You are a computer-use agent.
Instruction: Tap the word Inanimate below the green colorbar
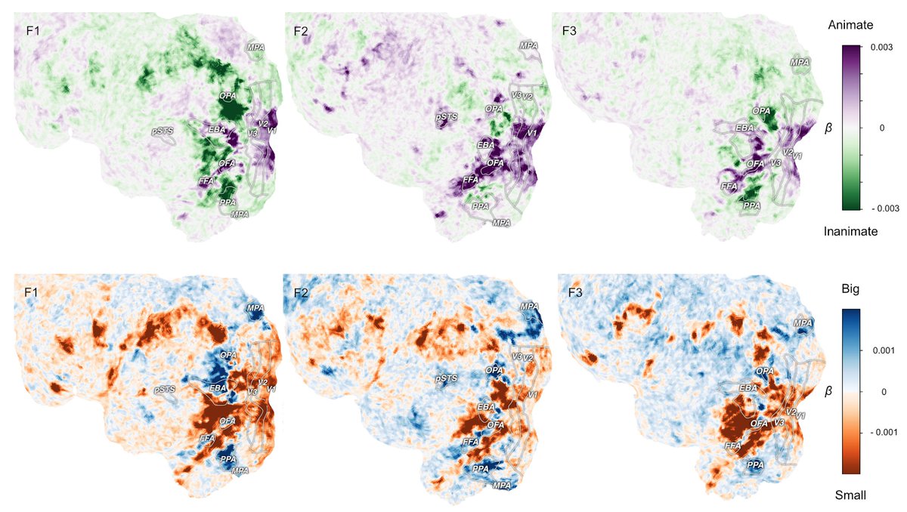pyautogui.click(x=850, y=232)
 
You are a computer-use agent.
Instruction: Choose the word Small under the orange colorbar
pyautogui.click(x=850, y=495)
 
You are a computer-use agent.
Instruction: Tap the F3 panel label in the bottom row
pyautogui.click(x=573, y=289)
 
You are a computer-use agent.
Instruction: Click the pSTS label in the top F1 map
pyautogui.click(x=163, y=131)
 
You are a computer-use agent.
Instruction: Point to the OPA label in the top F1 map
pyautogui.click(x=228, y=97)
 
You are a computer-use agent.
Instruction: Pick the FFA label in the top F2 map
pyautogui.click(x=471, y=181)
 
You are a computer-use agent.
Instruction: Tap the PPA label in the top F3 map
pyautogui.click(x=751, y=205)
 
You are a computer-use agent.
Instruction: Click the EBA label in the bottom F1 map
pyautogui.click(x=218, y=387)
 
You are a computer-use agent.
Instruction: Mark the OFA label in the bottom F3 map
pyautogui.click(x=757, y=424)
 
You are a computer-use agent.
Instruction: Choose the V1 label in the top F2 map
pyautogui.click(x=531, y=134)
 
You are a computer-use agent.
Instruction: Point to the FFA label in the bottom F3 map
pyautogui.click(x=732, y=446)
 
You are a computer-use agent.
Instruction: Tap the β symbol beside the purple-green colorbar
pyautogui.click(x=829, y=128)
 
